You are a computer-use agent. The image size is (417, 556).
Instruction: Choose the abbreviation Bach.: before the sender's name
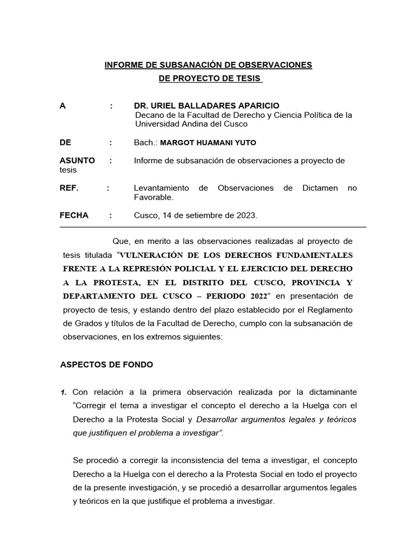(x=145, y=143)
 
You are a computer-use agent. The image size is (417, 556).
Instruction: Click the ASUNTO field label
(x=77, y=161)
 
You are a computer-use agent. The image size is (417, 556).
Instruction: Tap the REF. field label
(x=69, y=188)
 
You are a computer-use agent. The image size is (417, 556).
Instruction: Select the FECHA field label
(x=74, y=215)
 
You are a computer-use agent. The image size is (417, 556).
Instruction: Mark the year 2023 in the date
(x=246, y=216)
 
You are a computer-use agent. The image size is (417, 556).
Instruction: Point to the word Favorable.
(x=153, y=197)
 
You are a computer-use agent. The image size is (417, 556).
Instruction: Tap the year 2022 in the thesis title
(x=258, y=295)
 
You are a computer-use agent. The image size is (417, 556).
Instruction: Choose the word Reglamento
(x=330, y=309)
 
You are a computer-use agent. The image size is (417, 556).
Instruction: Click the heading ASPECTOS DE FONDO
(x=106, y=365)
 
